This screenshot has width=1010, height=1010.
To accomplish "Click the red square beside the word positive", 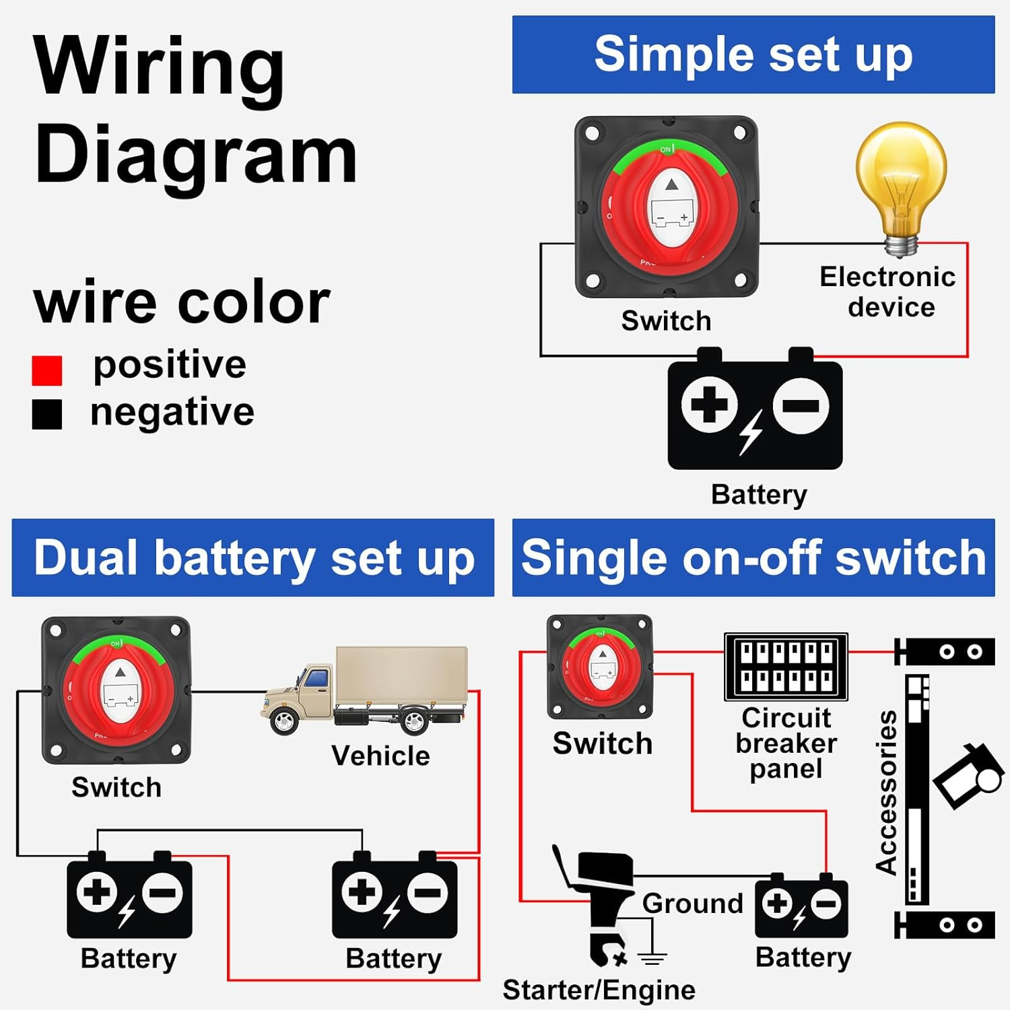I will pos(47,370).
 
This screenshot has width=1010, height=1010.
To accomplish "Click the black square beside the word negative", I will pos(47,414).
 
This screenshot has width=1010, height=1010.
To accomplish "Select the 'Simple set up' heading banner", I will pos(753,55).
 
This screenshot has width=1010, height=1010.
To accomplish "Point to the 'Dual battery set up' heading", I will pos(253,558).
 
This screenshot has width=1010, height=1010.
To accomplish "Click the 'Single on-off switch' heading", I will pos(753,558).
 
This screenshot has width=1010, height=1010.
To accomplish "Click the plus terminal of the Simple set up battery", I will pos(709,405).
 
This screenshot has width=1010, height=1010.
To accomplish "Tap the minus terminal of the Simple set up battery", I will pos(800,405).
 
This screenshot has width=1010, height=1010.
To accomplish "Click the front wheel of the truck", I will pos(284,720).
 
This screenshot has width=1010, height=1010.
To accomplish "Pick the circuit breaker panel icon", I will pos(785,667).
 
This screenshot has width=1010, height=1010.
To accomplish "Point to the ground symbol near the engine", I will pos(652,956).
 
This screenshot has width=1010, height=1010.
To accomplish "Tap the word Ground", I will pos(692,904).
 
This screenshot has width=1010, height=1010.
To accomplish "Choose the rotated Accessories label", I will pos(887,793).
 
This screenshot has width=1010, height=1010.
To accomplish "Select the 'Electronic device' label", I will pos(889,292).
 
